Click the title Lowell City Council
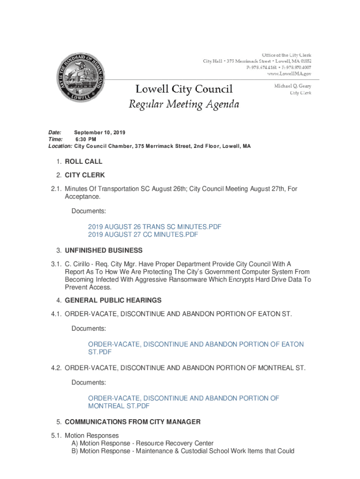184,89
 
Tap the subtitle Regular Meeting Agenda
184,104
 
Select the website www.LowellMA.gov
289,74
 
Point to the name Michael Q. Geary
293,86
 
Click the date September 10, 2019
100,133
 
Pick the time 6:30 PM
86,139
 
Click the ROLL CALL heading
84,161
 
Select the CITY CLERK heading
85,175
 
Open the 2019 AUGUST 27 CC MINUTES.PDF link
143,234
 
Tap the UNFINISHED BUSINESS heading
104,250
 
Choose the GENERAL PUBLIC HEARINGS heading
113,300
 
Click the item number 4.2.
57,368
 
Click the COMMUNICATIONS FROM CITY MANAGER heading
133,422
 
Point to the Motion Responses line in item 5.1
92,435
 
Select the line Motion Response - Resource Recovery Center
146,443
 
